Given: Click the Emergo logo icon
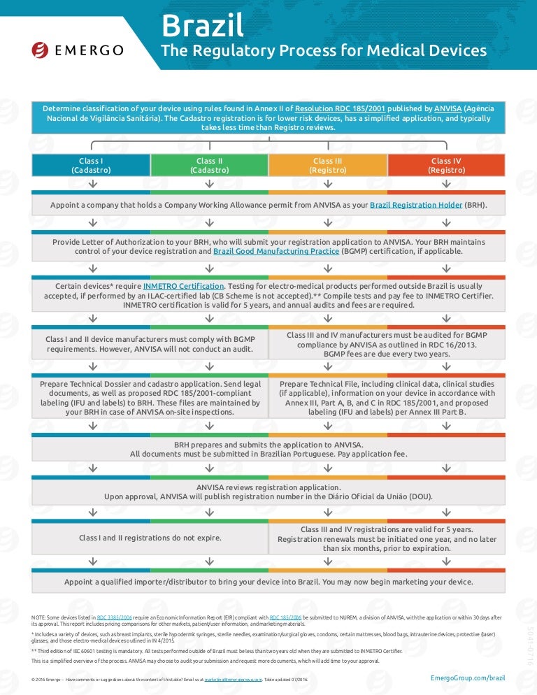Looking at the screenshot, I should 40,50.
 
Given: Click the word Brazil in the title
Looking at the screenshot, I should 203,26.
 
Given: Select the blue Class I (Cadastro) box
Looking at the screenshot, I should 92,166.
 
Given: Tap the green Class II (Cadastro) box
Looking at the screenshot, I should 210,166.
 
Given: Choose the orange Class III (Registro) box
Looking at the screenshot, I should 328,166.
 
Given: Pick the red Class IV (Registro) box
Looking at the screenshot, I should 446,166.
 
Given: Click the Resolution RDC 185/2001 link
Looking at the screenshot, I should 340,109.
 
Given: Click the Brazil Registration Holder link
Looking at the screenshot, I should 416,206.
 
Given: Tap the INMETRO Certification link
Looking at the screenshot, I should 184,287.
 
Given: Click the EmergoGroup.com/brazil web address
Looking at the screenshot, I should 468,678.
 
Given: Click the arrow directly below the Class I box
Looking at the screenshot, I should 92,183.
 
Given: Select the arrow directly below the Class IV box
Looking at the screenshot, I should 446,183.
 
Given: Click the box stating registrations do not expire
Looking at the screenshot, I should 150,538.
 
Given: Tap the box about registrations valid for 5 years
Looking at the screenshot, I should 387,539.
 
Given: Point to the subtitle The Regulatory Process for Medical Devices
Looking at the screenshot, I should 324,51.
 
